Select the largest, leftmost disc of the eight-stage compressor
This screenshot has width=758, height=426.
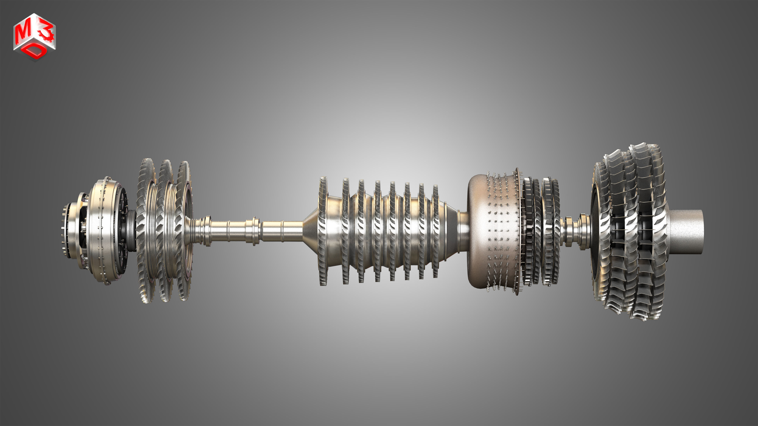coord(323,231)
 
